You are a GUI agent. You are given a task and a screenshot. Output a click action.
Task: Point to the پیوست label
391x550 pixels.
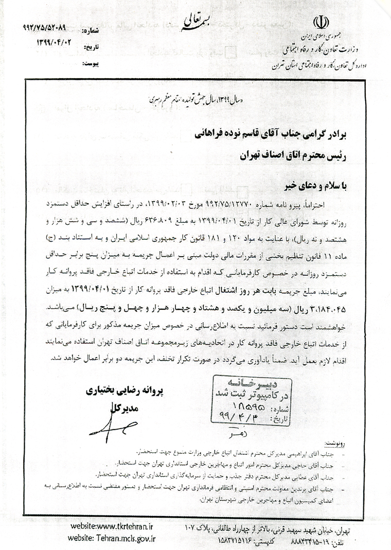pos(91,64)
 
